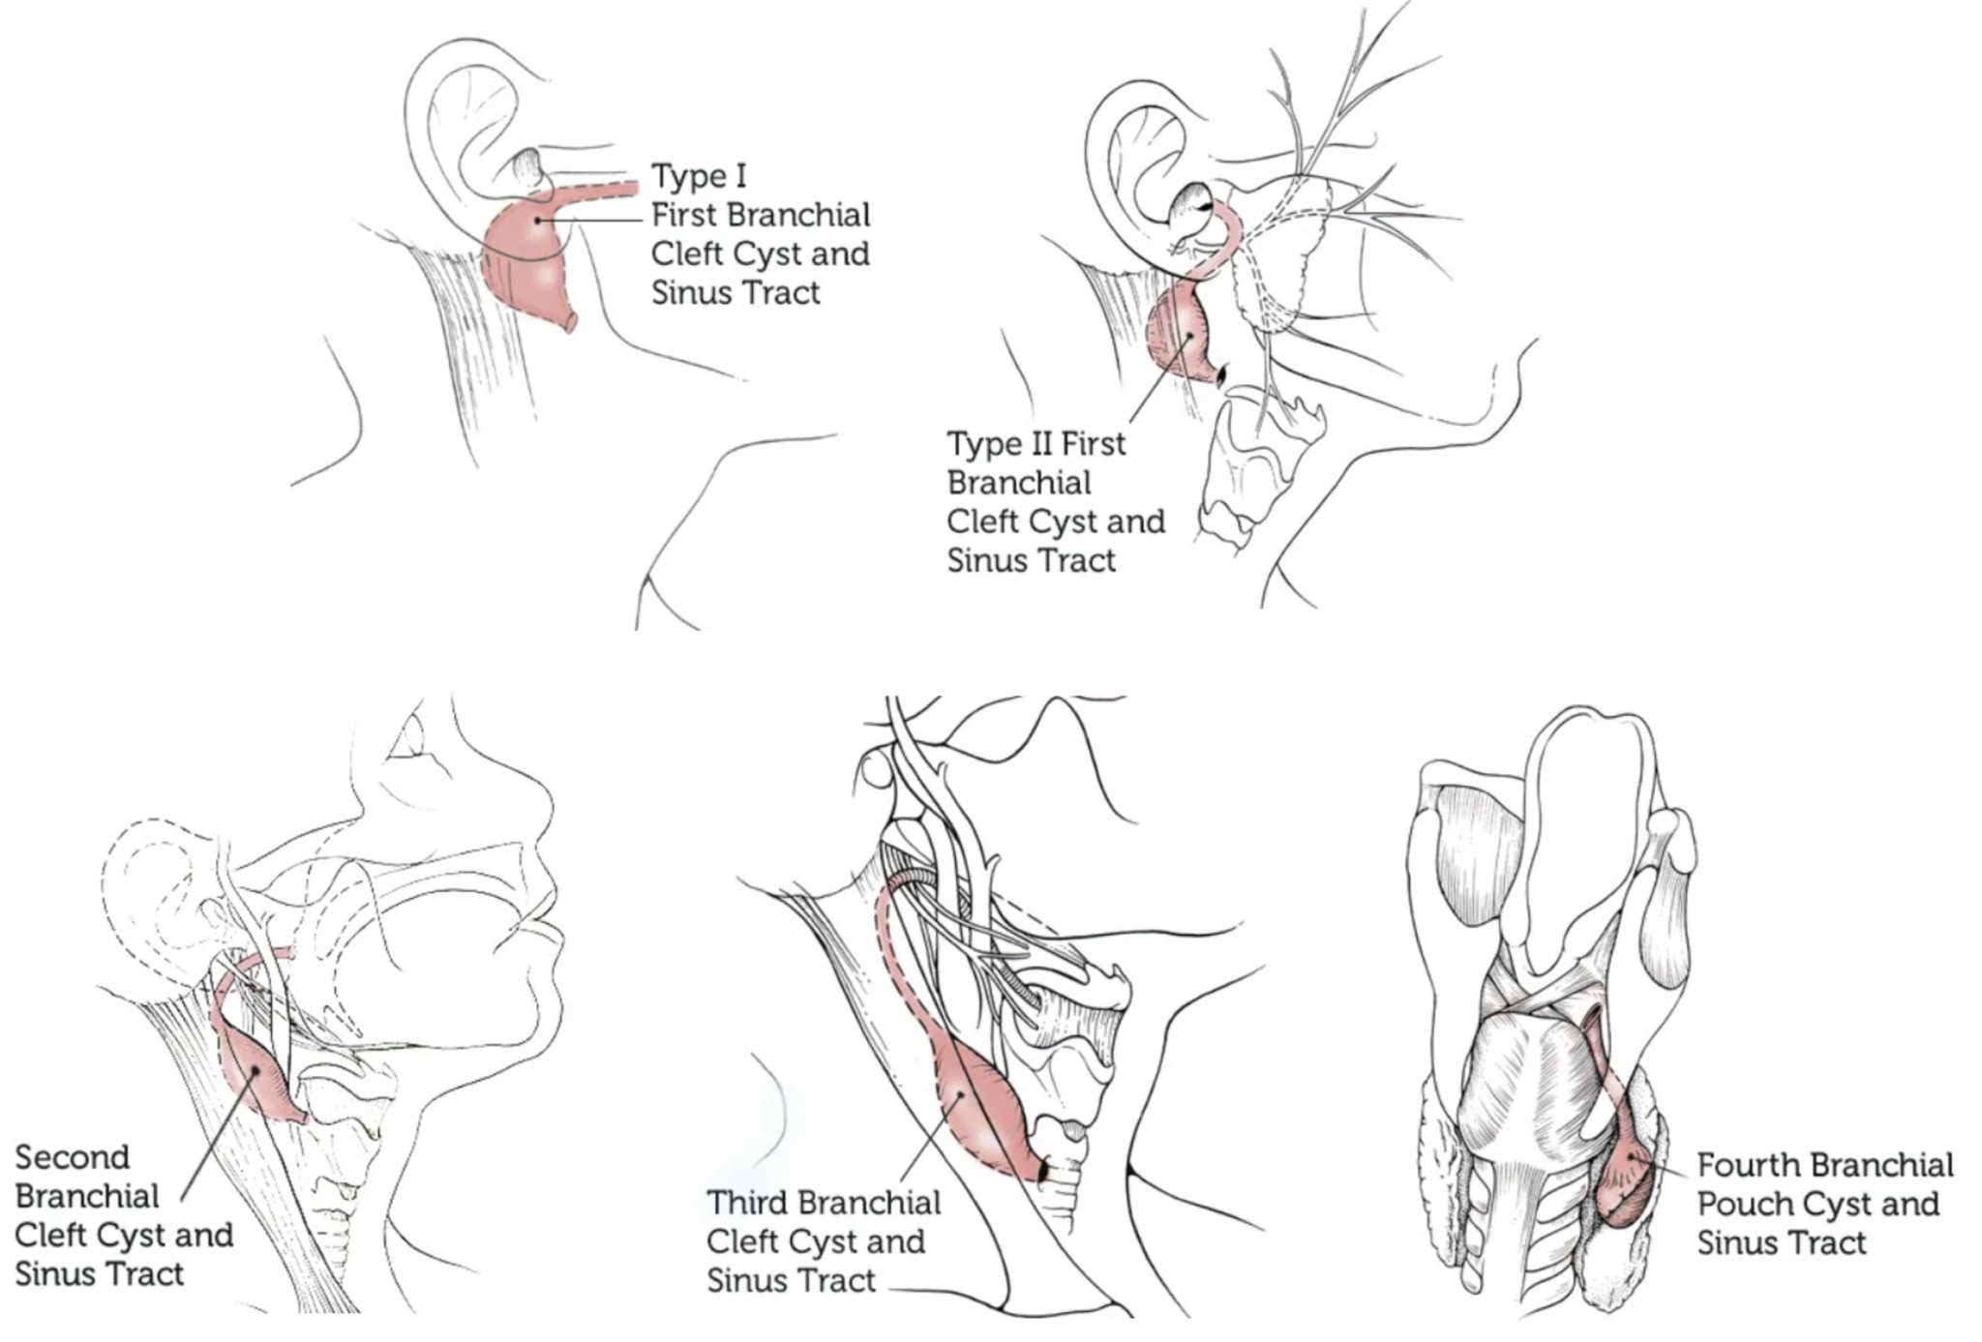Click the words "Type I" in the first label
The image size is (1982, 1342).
[698, 176]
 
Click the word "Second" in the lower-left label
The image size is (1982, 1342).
[72, 1157]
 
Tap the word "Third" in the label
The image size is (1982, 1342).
[750, 1203]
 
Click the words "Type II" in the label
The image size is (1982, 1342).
[1001, 444]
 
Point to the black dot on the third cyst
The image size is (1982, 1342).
[959, 1093]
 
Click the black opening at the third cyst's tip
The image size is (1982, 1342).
[1042, 1172]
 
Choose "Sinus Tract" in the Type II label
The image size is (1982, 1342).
[1031, 560]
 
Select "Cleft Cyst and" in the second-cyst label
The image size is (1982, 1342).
[124, 1235]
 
